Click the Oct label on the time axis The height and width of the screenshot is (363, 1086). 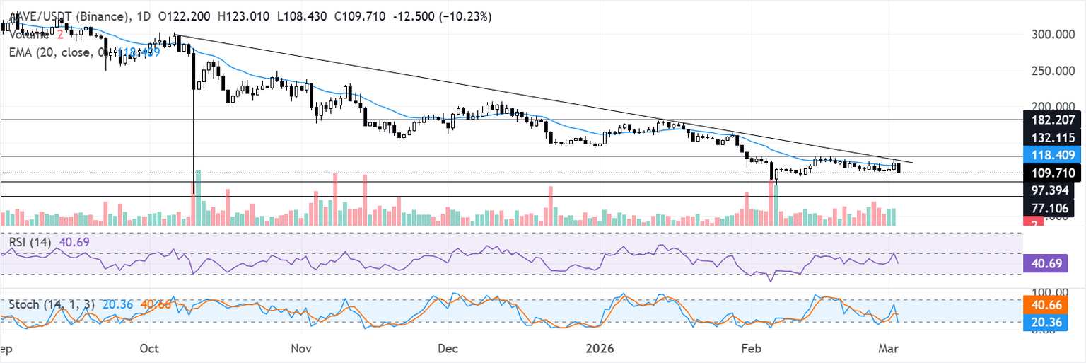pyautogui.click(x=149, y=348)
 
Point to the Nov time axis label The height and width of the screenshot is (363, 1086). pyautogui.click(x=301, y=348)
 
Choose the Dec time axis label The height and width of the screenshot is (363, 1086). pyautogui.click(x=448, y=348)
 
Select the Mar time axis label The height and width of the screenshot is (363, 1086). pyautogui.click(x=889, y=348)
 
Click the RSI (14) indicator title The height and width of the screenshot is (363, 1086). pyautogui.click(x=30, y=242)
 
